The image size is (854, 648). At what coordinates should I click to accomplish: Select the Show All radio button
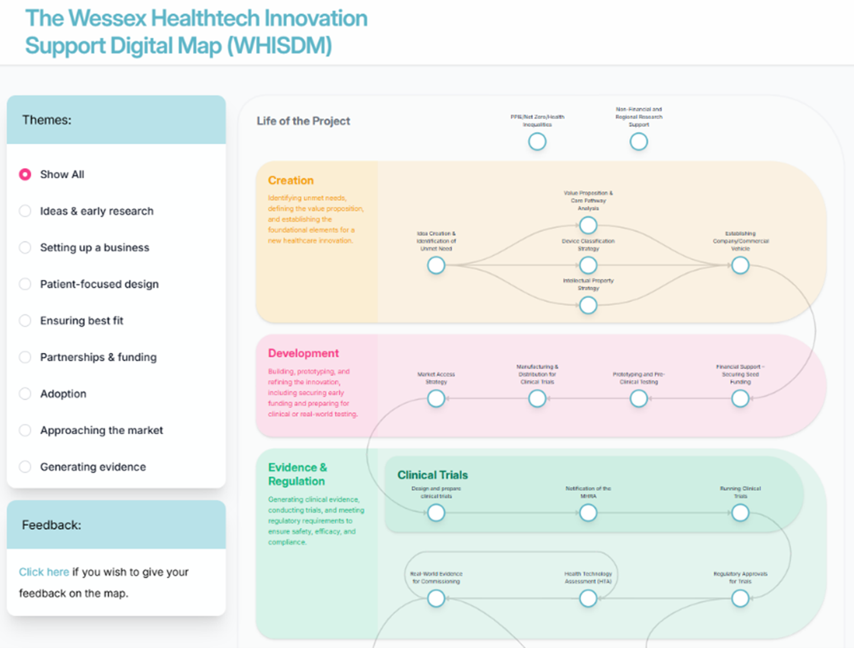(25, 175)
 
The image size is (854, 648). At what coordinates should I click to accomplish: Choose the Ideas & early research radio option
(25, 211)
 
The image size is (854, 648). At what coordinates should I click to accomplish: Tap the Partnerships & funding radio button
(25, 357)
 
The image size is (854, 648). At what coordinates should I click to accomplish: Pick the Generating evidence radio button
(25, 467)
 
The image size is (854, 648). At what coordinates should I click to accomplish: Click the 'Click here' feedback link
(44, 572)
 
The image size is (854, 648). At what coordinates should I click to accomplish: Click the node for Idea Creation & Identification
(436, 266)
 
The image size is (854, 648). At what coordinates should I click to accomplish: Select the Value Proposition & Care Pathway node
(588, 225)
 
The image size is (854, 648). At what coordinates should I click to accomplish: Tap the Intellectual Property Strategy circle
(588, 306)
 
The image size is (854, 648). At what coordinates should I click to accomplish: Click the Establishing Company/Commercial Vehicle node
(740, 266)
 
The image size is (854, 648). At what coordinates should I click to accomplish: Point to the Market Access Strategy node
(436, 399)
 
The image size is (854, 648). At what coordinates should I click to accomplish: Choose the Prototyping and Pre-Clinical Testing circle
(638, 399)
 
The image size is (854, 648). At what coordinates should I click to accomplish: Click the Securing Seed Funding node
(740, 399)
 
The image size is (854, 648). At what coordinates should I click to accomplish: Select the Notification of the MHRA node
(588, 513)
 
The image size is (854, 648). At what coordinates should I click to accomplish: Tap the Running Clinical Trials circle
(740, 513)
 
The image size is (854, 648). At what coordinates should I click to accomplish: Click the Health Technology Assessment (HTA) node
(588, 599)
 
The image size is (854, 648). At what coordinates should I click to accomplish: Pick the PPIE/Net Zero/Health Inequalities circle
(537, 142)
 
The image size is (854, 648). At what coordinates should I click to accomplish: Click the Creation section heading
(291, 180)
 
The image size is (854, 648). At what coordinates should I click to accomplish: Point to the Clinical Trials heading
(432, 475)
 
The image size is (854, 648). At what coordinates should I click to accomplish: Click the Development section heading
(303, 353)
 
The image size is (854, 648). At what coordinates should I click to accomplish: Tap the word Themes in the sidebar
(47, 120)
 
